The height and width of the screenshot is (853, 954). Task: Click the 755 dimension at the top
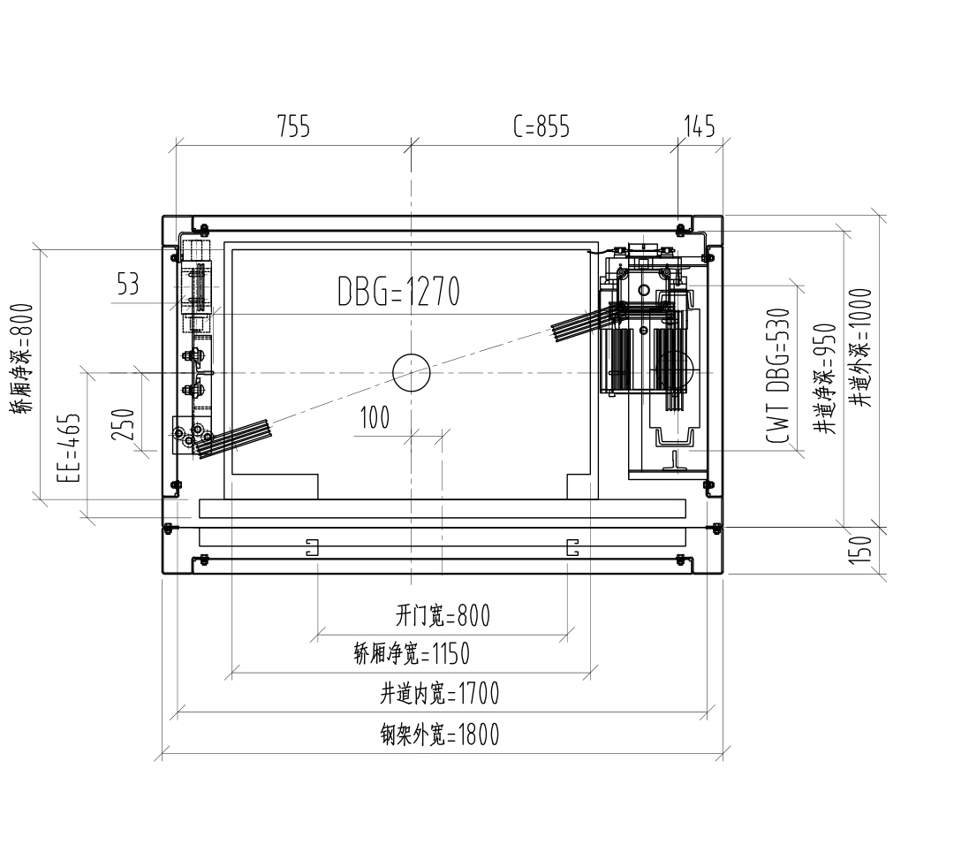(294, 126)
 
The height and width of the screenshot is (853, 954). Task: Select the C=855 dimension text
(541, 126)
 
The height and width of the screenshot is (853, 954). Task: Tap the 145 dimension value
(700, 126)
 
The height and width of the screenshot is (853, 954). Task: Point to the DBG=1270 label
(398, 291)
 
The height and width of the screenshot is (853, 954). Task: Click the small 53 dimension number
(128, 284)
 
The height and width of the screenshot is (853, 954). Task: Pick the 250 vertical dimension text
(122, 424)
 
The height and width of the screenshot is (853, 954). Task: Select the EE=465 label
(69, 448)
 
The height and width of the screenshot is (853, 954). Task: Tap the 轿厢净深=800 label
(21, 359)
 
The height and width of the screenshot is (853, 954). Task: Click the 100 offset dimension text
(375, 418)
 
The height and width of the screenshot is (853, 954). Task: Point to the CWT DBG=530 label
(778, 376)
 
